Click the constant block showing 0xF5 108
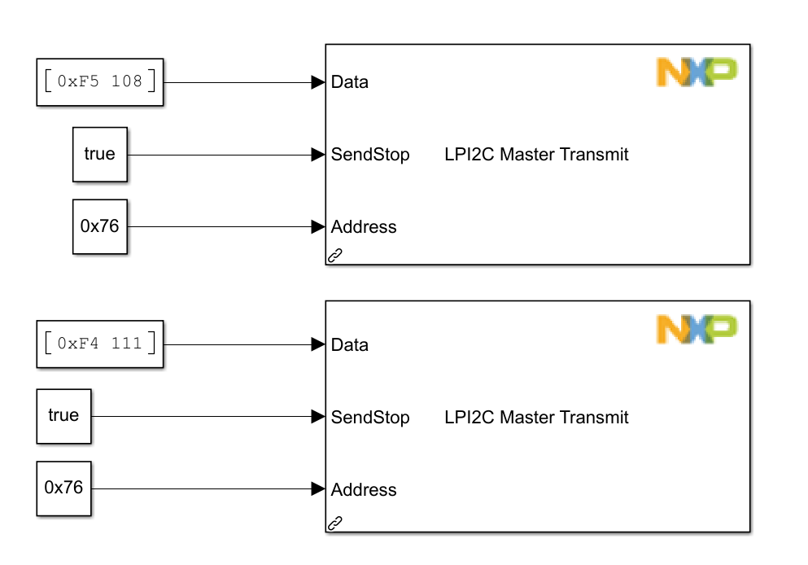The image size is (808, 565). coord(100,82)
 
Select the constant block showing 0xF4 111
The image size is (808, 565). coord(100,344)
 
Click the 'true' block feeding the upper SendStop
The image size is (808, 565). coord(100,154)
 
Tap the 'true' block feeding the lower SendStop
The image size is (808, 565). coord(63,416)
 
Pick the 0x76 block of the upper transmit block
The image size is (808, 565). coord(100,226)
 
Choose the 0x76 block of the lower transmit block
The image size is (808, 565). coord(63,488)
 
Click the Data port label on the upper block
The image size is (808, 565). coord(350,82)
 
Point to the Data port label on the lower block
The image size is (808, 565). coord(350,345)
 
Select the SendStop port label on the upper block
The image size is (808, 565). coord(370,155)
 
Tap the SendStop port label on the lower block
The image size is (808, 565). coord(370,418)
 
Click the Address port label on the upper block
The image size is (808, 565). coord(364,227)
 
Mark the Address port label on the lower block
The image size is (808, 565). coord(364,490)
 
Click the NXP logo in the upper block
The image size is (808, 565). coord(697,72)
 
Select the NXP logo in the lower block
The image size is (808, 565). coord(697,329)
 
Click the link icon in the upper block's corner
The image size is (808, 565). coord(334,256)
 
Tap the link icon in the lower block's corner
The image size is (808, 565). coord(334,523)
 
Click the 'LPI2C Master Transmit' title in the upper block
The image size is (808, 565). coord(536,155)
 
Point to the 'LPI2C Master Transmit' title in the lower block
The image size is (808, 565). coord(536,418)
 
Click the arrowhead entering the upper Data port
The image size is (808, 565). coord(318,82)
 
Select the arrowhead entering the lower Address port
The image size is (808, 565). coord(318,488)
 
